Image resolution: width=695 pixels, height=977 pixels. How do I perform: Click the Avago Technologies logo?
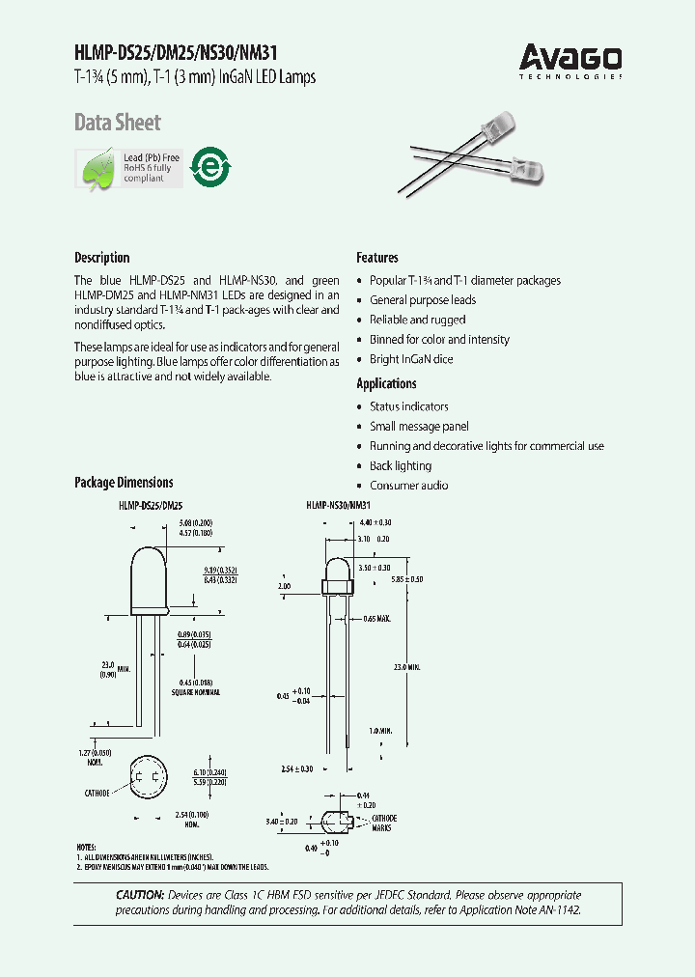[570, 60]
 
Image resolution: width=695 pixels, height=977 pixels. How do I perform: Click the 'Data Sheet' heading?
[118, 123]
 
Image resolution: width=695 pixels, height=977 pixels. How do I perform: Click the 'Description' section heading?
[101, 258]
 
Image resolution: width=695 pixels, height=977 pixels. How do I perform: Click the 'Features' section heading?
[377, 258]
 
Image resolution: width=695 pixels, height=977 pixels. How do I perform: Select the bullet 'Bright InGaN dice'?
[411, 359]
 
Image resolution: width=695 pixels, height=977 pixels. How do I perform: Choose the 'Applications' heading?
[386, 383]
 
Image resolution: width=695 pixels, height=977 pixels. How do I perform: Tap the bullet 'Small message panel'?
[419, 427]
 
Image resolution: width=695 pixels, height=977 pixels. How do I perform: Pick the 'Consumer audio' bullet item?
[408, 486]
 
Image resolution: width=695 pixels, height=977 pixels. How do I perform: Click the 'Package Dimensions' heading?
[124, 483]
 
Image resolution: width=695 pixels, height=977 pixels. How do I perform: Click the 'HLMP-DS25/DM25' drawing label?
[152, 505]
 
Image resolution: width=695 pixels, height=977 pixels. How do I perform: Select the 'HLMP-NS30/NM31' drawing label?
[339, 505]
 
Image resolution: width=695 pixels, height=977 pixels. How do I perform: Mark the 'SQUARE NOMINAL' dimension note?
[195, 692]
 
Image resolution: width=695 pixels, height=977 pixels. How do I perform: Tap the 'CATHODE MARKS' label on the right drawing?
[383, 823]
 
